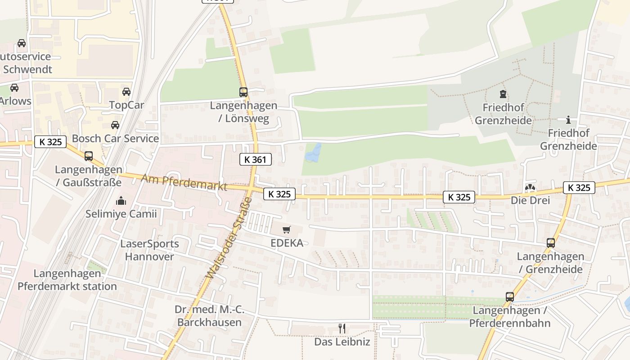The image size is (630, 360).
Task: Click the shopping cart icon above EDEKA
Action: [x=287, y=230]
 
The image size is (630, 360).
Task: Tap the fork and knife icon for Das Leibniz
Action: [x=342, y=328]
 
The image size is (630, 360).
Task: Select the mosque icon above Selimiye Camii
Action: [x=121, y=201]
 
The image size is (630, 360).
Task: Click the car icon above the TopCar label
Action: [x=126, y=92]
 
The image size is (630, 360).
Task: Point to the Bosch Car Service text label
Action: [x=115, y=139]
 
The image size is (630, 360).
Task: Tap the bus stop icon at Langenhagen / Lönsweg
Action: [x=243, y=92]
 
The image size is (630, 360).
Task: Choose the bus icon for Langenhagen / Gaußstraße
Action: [x=89, y=156]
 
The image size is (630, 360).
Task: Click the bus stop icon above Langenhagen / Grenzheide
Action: [x=550, y=243]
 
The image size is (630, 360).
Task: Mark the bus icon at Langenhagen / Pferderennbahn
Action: [x=509, y=297]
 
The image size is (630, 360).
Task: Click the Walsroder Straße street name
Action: [x=230, y=237]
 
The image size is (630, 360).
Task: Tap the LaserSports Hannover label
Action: [x=149, y=250]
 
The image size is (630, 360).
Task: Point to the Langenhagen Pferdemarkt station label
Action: [x=67, y=280]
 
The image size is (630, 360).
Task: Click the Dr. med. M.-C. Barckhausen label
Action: [x=209, y=316]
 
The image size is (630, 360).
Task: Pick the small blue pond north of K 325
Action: [x=313, y=153]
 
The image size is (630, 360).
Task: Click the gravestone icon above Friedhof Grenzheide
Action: [x=503, y=94]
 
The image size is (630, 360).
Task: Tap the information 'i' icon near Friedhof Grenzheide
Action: [x=568, y=120]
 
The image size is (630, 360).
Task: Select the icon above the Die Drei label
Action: [x=530, y=188]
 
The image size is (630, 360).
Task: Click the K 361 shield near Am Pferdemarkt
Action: [x=256, y=159]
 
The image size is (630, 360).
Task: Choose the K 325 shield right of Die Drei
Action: [x=579, y=188]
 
